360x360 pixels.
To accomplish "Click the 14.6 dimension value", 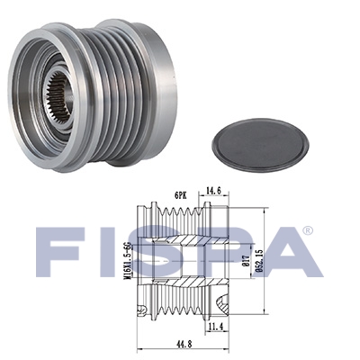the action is (213, 191).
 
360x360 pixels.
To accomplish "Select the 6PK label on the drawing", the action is (181, 195).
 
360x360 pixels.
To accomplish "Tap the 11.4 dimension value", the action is (217, 327).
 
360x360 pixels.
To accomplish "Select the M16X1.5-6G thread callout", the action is (130, 260).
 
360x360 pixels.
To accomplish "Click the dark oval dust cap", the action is (260, 146).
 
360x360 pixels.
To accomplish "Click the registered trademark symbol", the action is (308, 230).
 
